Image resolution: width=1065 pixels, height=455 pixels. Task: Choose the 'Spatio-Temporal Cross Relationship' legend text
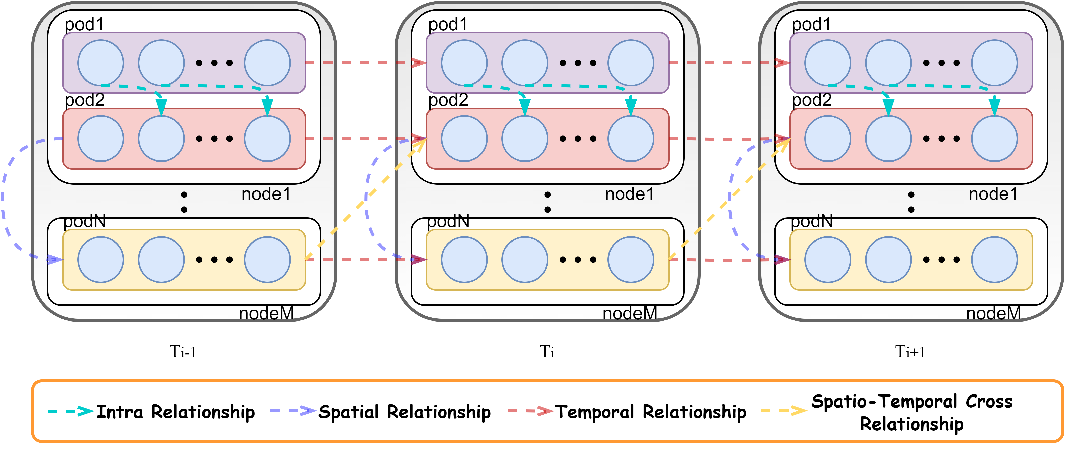pyautogui.click(x=912, y=412)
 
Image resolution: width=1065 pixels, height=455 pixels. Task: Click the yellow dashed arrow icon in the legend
pyautogui.click(x=783, y=411)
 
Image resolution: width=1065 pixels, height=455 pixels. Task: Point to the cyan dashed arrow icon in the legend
pyautogui.click(x=70, y=411)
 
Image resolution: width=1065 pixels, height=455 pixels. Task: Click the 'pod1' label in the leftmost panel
pyautogui.click(x=84, y=24)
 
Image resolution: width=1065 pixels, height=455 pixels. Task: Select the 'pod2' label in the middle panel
pyautogui.click(x=448, y=100)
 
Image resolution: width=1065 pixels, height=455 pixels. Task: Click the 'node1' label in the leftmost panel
pyautogui.click(x=266, y=194)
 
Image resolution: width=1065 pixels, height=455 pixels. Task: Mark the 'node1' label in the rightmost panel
pyautogui.click(x=993, y=194)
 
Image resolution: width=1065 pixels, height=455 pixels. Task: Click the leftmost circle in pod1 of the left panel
pyautogui.click(x=100, y=63)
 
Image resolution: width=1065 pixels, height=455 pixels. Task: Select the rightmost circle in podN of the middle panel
pyautogui.click(x=630, y=259)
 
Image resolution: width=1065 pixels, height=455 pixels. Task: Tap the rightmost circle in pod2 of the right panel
pyautogui.click(x=994, y=139)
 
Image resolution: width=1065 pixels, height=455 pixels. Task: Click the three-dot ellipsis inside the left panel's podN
pyautogui.click(x=214, y=259)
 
